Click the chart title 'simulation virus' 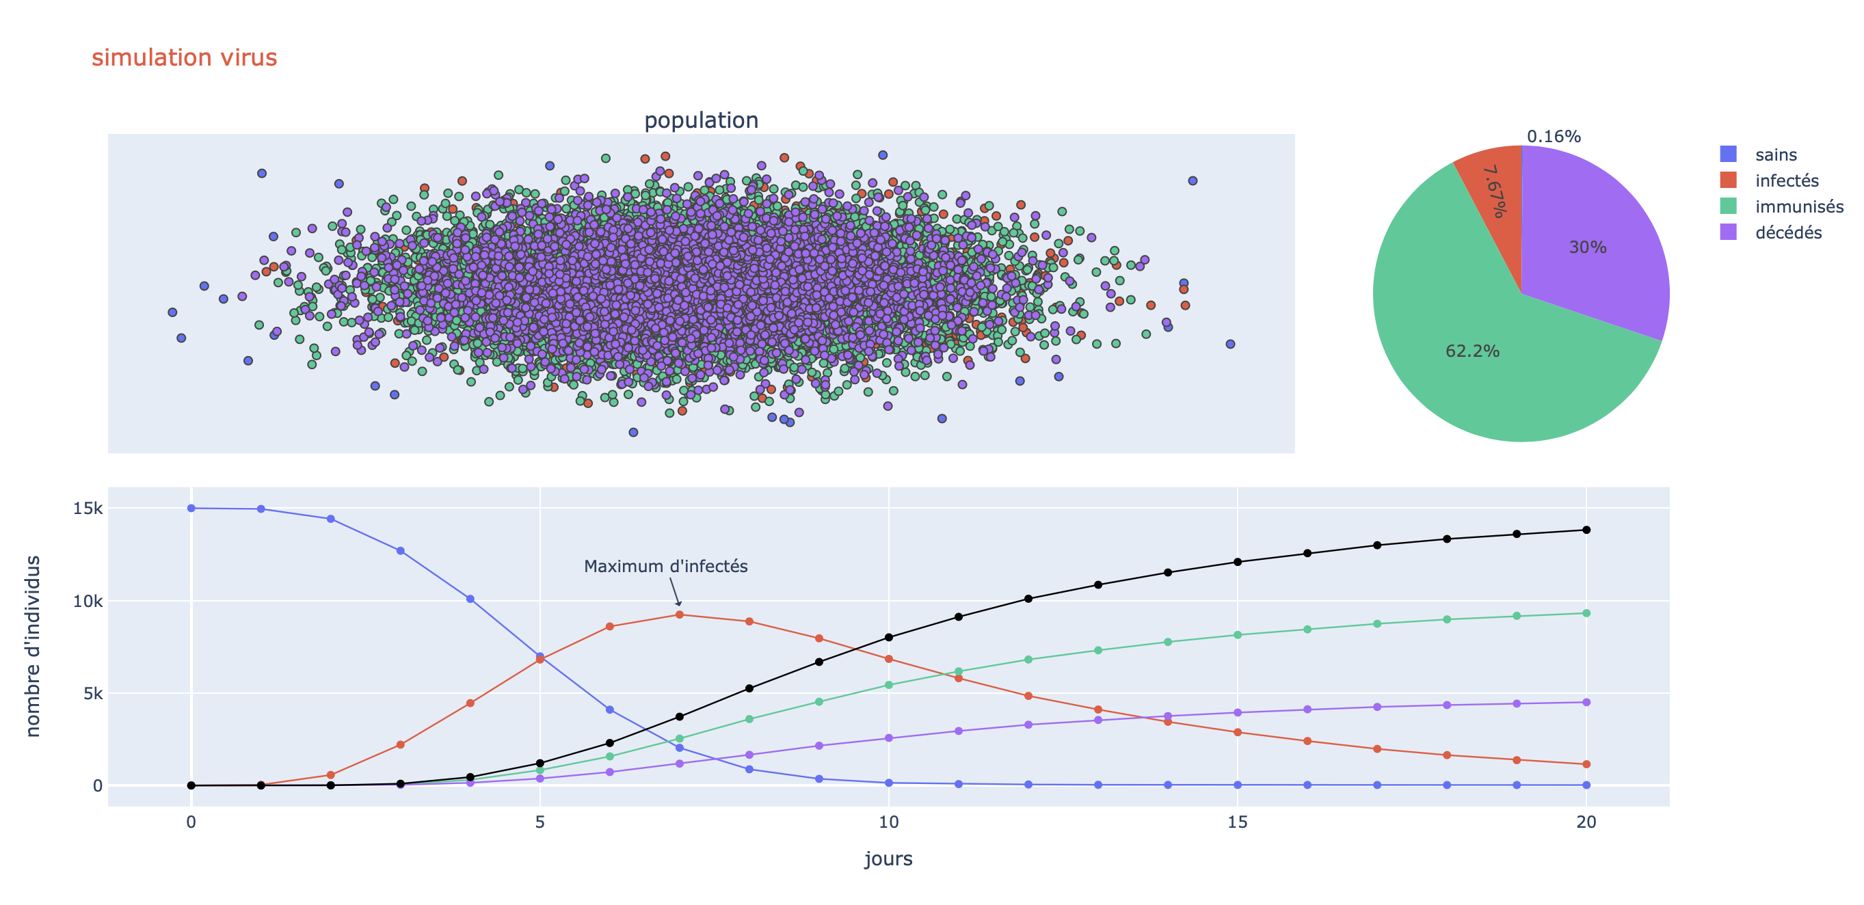pyautogui.click(x=184, y=57)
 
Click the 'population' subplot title pyautogui.click(x=700, y=120)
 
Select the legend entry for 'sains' pyautogui.click(x=1776, y=154)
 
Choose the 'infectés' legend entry pyautogui.click(x=1786, y=181)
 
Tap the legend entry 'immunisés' pyautogui.click(x=1798, y=207)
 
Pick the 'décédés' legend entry pyautogui.click(x=1787, y=233)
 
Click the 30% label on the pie pyautogui.click(x=1587, y=247)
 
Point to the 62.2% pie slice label pyautogui.click(x=1472, y=351)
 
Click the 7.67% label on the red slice pyautogui.click(x=1494, y=191)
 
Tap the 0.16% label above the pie pyautogui.click(x=1553, y=137)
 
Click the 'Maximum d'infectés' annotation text pyautogui.click(x=665, y=567)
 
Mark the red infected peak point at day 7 pyautogui.click(x=680, y=615)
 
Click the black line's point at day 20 pyautogui.click(x=1586, y=530)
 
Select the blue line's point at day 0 pyautogui.click(x=191, y=509)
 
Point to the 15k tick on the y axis pyautogui.click(x=88, y=509)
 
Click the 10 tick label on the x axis pyautogui.click(x=889, y=822)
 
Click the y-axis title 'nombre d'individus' pyautogui.click(x=33, y=646)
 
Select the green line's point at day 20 pyautogui.click(x=1586, y=613)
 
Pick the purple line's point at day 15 pyautogui.click(x=1238, y=712)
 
